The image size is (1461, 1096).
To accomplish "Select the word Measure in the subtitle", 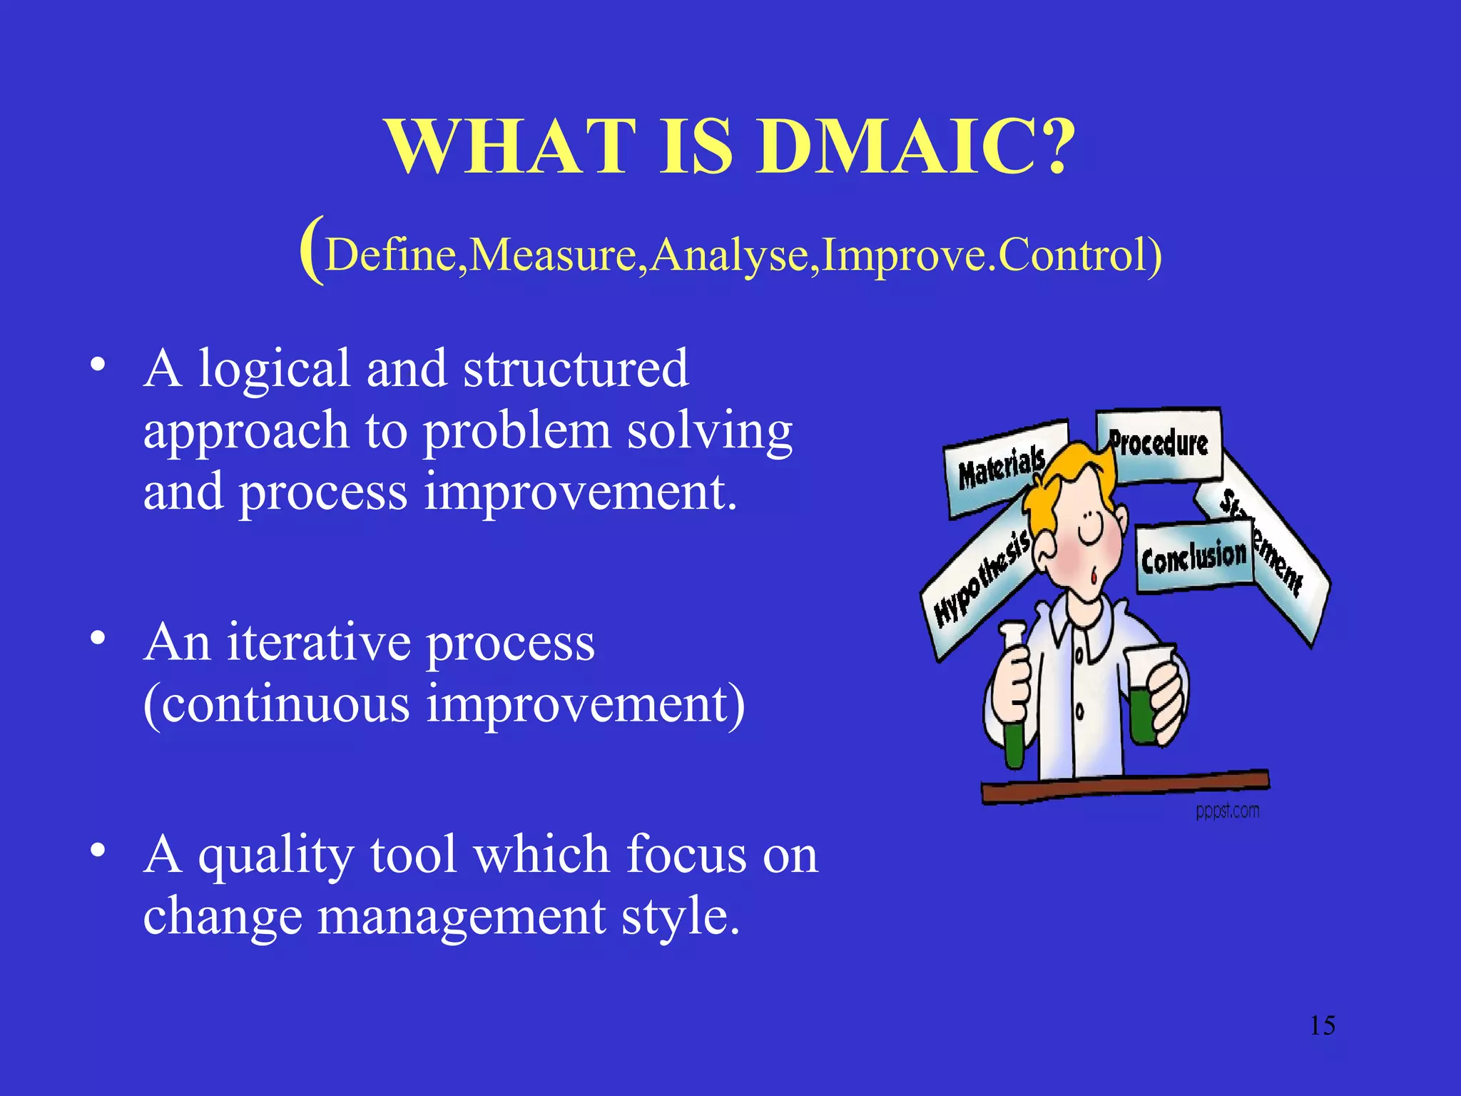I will tap(553, 255).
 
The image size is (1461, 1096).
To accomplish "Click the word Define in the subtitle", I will tap(391, 255).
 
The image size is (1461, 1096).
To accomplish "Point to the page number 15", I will tap(1322, 1025).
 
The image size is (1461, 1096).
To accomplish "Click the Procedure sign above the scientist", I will tap(1159, 445).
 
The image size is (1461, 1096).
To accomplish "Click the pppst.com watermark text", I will tap(1227, 811).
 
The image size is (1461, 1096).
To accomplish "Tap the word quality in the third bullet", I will tap(275, 856).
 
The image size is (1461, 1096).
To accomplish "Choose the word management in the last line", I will tap(461, 916).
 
